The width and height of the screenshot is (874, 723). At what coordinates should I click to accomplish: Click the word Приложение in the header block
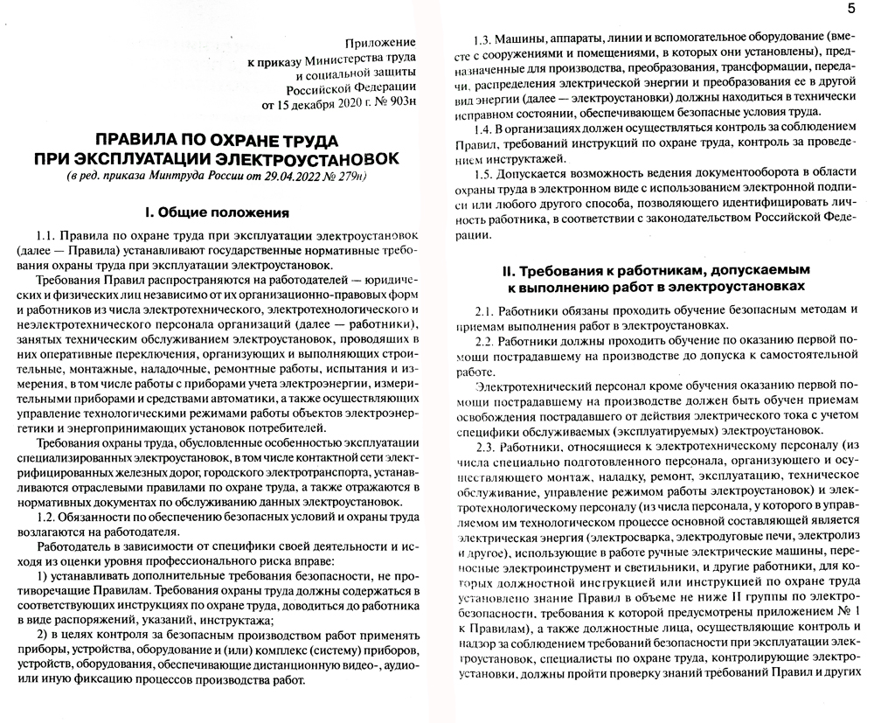(x=380, y=43)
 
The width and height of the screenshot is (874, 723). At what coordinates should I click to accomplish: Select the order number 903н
(x=398, y=107)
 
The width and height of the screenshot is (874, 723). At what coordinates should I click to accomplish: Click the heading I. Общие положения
(x=216, y=212)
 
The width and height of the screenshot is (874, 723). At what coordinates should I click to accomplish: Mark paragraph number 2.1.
(x=486, y=310)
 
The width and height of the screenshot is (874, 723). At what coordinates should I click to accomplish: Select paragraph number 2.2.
(x=486, y=340)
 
